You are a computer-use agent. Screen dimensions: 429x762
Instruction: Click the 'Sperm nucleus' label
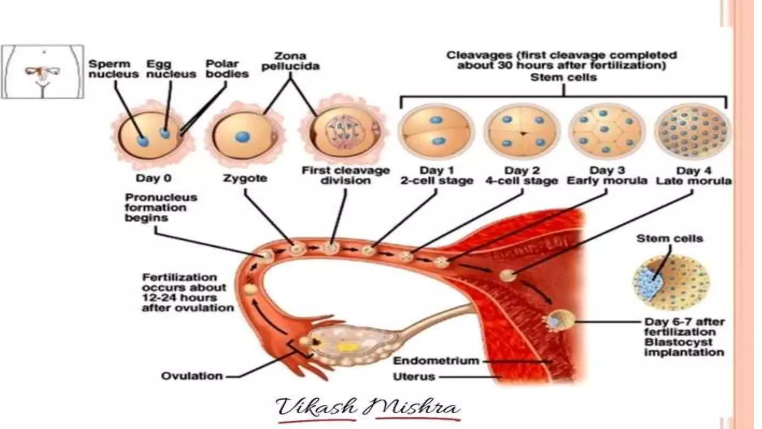point(113,69)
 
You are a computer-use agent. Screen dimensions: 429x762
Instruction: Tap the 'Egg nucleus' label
point(171,69)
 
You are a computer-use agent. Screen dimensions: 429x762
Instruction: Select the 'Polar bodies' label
point(227,69)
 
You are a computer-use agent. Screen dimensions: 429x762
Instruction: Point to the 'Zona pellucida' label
point(290,61)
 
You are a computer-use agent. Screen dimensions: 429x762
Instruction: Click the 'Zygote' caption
point(245,178)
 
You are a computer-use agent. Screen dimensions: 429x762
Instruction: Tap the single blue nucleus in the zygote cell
point(243,137)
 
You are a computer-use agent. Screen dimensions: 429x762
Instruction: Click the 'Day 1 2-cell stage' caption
point(437,176)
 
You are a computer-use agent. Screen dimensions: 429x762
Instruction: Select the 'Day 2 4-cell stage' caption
point(522,176)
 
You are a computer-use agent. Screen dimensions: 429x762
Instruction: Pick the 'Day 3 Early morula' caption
point(607,176)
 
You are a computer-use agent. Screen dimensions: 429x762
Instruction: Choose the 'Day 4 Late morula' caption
point(694,176)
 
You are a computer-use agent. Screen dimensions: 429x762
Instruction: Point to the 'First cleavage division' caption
point(346,176)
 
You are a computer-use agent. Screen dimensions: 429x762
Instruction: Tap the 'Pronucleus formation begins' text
point(161,207)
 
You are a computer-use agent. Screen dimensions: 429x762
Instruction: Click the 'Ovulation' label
point(192,376)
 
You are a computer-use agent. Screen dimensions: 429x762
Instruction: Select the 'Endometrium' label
point(436,361)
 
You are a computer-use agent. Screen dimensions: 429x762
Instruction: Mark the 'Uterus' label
point(414,377)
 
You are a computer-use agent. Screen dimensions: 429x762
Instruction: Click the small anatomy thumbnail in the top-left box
point(42,72)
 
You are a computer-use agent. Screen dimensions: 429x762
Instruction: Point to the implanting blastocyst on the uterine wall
point(560,321)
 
